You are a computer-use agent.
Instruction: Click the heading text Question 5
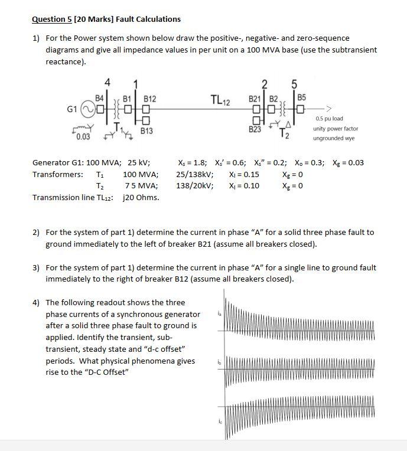[x=51, y=19]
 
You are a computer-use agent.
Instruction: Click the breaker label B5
[x=302, y=97]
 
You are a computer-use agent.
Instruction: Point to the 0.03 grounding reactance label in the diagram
[x=84, y=138]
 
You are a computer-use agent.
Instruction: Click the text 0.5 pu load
[x=328, y=119]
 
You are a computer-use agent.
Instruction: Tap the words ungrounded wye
[x=334, y=139]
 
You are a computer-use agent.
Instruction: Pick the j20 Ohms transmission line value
[x=141, y=197]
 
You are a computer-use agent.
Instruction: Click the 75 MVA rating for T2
[x=141, y=186]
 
